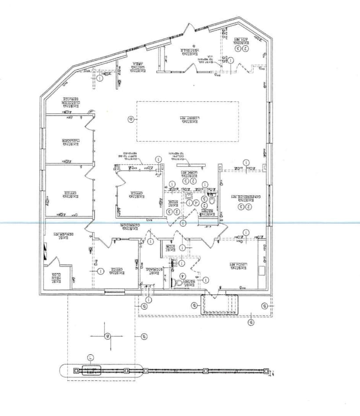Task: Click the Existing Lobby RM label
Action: point(188,120)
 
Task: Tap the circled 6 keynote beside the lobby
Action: point(130,119)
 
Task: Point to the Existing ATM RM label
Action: point(241,41)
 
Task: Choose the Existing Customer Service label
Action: point(70,102)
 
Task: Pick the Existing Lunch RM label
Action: point(238,266)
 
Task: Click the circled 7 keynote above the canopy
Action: point(91,357)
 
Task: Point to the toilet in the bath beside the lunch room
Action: point(179,283)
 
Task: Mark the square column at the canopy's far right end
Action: point(266,371)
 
